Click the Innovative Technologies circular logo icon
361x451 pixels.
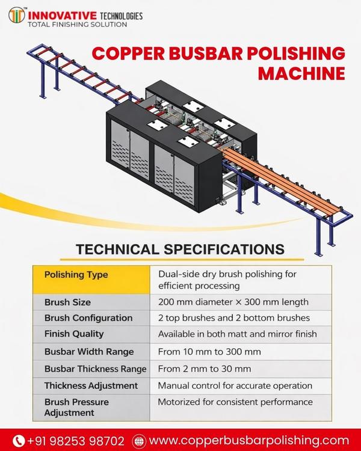17,15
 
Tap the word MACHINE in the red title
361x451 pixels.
301,73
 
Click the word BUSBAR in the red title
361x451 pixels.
206,53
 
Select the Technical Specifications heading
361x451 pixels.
180,249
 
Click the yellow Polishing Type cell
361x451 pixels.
91,280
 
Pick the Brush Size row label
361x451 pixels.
67,302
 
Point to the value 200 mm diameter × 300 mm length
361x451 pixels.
233,302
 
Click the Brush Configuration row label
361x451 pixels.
88,318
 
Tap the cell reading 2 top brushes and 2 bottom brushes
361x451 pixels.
234,318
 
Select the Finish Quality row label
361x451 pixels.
74,334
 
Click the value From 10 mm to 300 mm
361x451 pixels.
209,352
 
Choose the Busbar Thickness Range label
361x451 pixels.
95,369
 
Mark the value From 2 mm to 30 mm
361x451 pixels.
205,369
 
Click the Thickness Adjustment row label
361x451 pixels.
91,385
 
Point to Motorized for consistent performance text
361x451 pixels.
235,402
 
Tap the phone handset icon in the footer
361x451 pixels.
19,441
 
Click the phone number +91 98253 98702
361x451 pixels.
76,441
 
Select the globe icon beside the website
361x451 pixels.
140,441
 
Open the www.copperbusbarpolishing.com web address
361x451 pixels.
249,441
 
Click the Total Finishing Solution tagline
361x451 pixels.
77,25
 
